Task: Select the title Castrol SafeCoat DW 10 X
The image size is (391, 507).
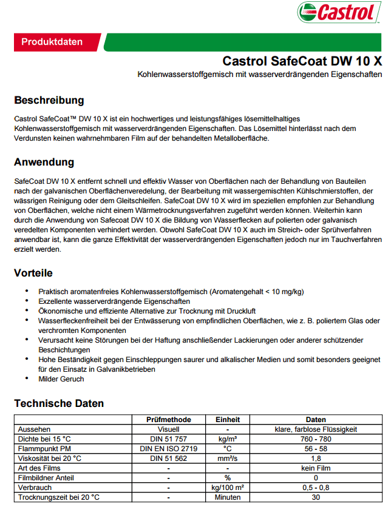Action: (302, 61)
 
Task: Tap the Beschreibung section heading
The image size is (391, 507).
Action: (49, 100)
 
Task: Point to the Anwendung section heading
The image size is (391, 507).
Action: (44, 163)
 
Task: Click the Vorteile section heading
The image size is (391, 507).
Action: (33, 273)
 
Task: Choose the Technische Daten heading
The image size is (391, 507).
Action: (59, 403)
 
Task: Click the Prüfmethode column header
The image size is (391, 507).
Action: (169, 420)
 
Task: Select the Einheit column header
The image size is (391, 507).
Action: (228, 420)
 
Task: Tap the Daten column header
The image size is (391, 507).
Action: (316, 420)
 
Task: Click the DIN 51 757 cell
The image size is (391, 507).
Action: (169, 439)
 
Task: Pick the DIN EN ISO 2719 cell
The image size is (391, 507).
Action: (169, 449)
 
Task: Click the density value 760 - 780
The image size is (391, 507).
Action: (316, 439)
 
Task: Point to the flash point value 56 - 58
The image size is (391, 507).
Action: (316, 449)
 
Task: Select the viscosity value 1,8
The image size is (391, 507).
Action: (316, 458)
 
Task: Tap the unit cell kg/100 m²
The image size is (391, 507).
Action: (228, 488)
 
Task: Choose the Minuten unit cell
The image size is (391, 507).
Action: (228, 497)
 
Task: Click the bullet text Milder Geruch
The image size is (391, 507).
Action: (61, 379)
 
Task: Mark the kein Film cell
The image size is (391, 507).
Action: (316, 468)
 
